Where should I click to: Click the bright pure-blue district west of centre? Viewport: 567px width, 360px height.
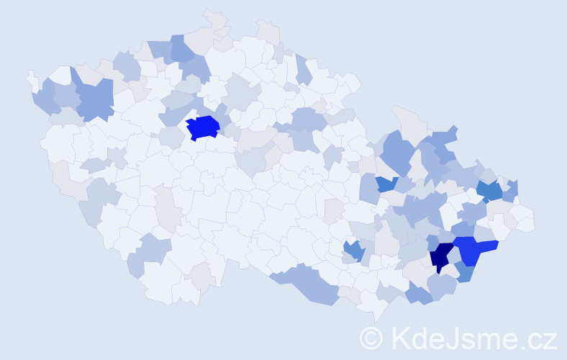(203, 127)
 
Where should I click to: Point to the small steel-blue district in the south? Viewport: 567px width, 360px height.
(353, 250)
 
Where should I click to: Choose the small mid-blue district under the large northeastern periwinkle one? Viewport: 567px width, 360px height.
(386, 183)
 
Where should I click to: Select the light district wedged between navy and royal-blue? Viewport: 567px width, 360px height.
(455, 256)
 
